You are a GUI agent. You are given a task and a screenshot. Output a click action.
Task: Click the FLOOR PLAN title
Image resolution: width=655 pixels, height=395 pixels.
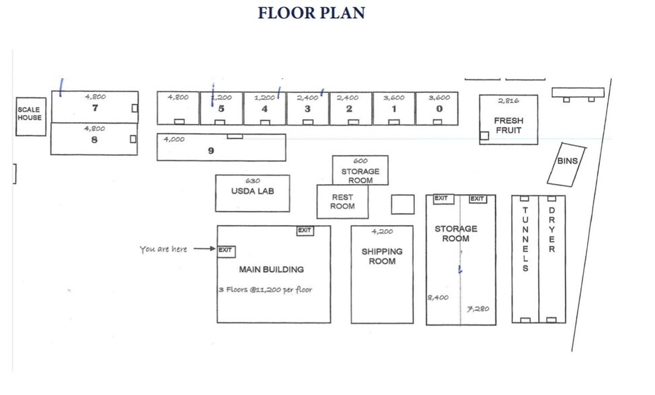tap(311, 13)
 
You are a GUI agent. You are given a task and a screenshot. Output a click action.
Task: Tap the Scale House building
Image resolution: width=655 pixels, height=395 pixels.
tap(30, 115)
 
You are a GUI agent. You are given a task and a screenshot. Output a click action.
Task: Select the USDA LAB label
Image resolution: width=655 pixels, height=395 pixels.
tap(252, 191)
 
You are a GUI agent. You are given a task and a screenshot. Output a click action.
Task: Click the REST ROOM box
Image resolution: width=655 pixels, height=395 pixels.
tap(342, 202)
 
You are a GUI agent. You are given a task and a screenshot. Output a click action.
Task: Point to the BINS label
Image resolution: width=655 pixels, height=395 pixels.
tap(567, 161)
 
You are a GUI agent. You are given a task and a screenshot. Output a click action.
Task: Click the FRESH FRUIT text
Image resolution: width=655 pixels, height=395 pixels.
tap(508, 126)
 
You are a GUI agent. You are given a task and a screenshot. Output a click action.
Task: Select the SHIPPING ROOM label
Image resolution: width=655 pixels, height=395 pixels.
tap(382, 256)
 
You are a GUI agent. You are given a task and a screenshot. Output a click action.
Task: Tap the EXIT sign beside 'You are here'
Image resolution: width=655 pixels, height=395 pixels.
tap(225, 250)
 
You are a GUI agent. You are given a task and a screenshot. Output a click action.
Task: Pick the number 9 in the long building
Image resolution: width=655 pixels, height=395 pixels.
tap(211, 151)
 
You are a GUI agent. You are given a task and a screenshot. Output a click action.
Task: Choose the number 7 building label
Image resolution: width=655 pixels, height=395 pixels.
tap(95, 107)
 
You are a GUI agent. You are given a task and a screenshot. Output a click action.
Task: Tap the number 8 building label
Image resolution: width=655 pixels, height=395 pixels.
tap(94, 140)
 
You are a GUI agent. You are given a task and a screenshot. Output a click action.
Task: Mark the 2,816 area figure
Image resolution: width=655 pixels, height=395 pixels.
tap(509, 101)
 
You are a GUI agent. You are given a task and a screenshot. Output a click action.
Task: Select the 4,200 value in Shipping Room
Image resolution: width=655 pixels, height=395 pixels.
tap(382, 232)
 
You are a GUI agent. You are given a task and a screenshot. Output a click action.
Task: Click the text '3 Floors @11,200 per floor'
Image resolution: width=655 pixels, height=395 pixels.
tap(265, 290)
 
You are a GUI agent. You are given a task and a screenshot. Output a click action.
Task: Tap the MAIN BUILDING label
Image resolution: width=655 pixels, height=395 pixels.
tap(271, 269)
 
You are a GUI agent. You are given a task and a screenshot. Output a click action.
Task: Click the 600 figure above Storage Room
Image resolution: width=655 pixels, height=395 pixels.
tap(360, 161)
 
